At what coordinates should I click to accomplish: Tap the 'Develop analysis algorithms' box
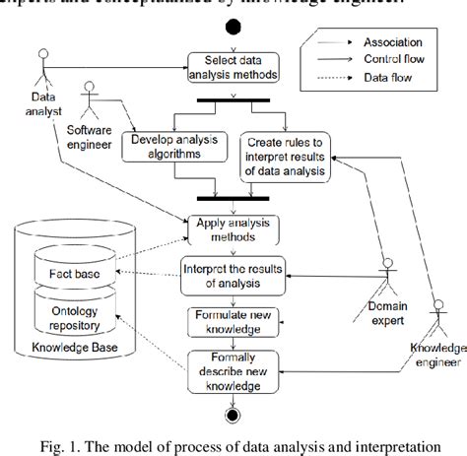point(168,147)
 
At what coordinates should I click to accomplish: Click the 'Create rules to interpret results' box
point(285,155)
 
